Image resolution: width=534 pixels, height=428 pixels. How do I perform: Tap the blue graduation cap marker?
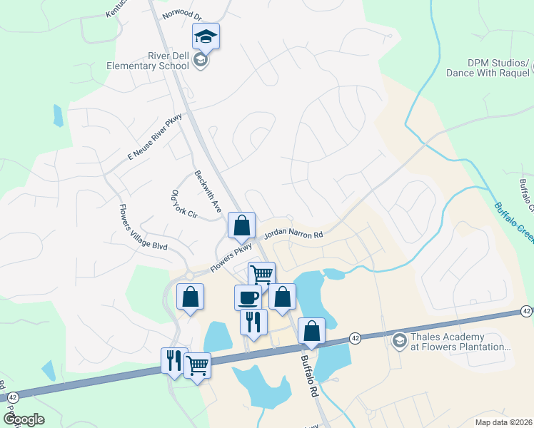[x=206, y=36]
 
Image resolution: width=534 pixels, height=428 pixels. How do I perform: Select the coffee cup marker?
[x=248, y=297]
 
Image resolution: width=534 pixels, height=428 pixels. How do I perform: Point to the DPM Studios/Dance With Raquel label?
[x=488, y=68]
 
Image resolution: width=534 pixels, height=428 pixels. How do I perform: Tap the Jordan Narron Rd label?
[x=293, y=234]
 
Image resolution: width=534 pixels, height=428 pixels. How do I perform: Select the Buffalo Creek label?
[x=512, y=222]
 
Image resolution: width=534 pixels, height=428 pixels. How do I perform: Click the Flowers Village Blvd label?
[x=143, y=227]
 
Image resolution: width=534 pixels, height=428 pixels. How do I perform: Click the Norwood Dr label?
[x=181, y=14]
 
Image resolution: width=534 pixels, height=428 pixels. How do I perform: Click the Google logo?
[x=24, y=419]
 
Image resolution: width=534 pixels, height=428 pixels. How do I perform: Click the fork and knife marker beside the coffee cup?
[x=253, y=322]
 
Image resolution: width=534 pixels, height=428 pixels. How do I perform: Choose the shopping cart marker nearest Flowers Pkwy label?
[x=261, y=274]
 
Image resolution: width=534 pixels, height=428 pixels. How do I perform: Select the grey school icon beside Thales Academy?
[x=399, y=342]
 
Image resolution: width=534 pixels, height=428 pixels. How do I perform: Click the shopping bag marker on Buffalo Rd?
[x=311, y=330]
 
